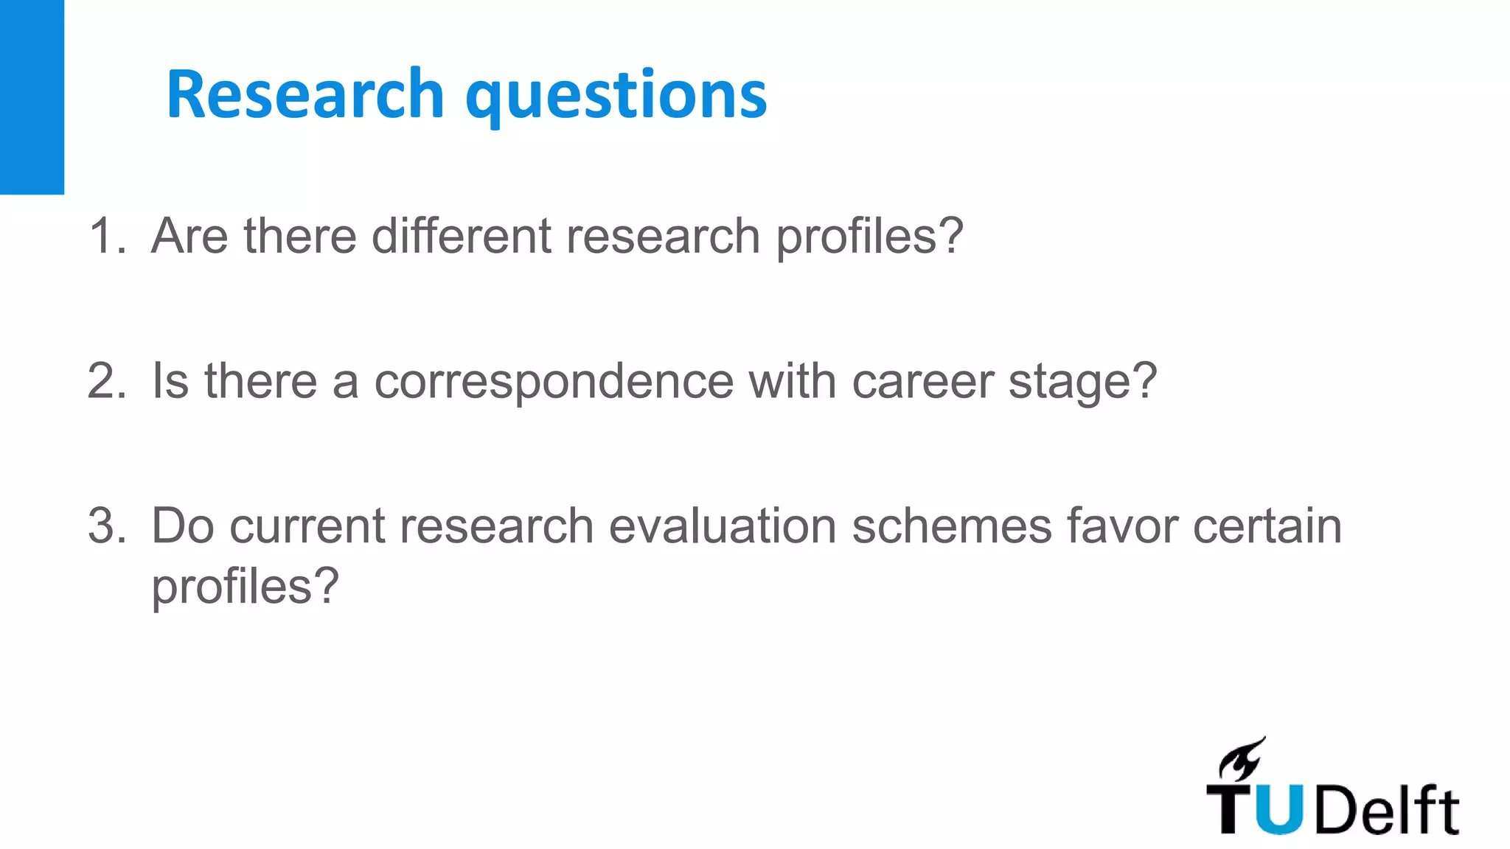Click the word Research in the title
(305, 94)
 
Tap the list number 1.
(107, 236)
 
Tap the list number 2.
(107, 381)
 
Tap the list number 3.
(107, 526)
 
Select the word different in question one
(462, 236)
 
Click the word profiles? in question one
(870, 237)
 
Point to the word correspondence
(554, 382)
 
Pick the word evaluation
(723, 526)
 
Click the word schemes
(952, 526)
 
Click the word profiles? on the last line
(245, 588)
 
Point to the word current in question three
(307, 526)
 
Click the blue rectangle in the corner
(32, 97)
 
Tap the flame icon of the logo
(1242, 759)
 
